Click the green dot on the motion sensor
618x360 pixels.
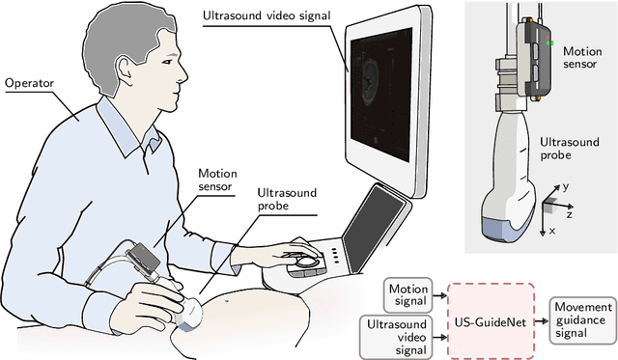click(548, 43)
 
